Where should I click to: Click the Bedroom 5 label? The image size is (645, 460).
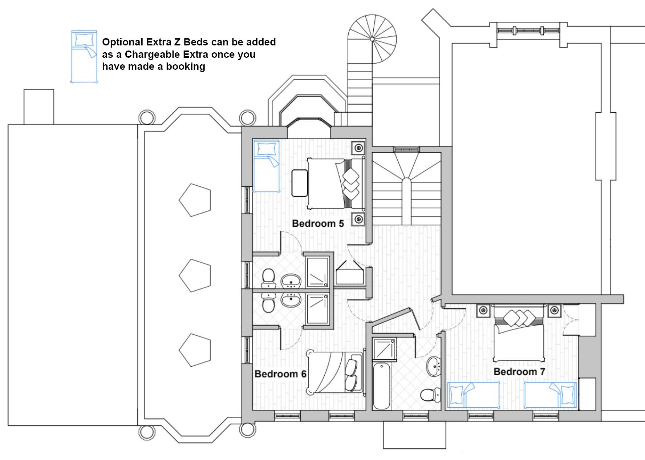pyautogui.click(x=318, y=223)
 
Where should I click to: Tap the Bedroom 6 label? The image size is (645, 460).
pyautogui.click(x=280, y=374)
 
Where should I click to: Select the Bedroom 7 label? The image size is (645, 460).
pyautogui.click(x=519, y=372)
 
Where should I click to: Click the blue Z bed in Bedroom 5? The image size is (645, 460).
pyautogui.click(x=266, y=166)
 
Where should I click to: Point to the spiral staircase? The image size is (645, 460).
pyautogui.click(x=372, y=39)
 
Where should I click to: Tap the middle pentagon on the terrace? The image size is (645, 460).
pyautogui.click(x=195, y=275)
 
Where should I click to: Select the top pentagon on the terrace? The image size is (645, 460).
pyautogui.click(x=195, y=200)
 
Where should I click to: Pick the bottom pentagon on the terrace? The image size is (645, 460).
pyautogui.click(x=195, y=350)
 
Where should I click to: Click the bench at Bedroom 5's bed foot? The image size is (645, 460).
pyautogui.click(x=300, y=183)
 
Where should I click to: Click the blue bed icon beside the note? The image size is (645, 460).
pyautogui.click(x=84, y=57)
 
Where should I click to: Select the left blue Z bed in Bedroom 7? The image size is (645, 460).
pyautogui.click(x=473, y=395)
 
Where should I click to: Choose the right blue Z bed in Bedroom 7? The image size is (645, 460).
pyautogui.click(x=550, y=395)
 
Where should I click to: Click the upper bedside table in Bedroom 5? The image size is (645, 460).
pyautogui.click(x=358, y=148)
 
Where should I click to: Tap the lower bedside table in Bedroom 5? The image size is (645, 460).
pyautogui.click(x=358, y=219)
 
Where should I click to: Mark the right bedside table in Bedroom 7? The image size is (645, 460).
pyautogui.click(x=554, y=311)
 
